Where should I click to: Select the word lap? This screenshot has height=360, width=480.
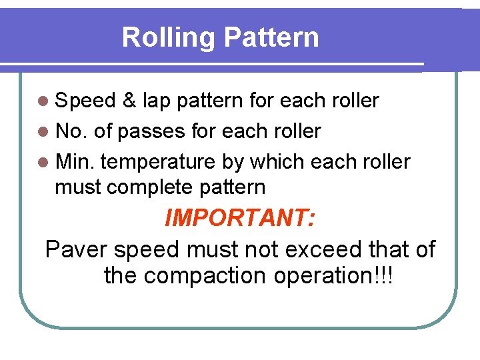(x=156, y=101)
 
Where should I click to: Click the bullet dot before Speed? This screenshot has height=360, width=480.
(x=44, y=101)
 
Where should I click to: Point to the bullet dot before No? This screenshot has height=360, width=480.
(x=44, y=132)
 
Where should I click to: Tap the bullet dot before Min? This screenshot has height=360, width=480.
(x=44, y=162)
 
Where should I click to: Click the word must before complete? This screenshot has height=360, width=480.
(x=78, y=187)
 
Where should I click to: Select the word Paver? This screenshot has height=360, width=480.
(x=77, y=250)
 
